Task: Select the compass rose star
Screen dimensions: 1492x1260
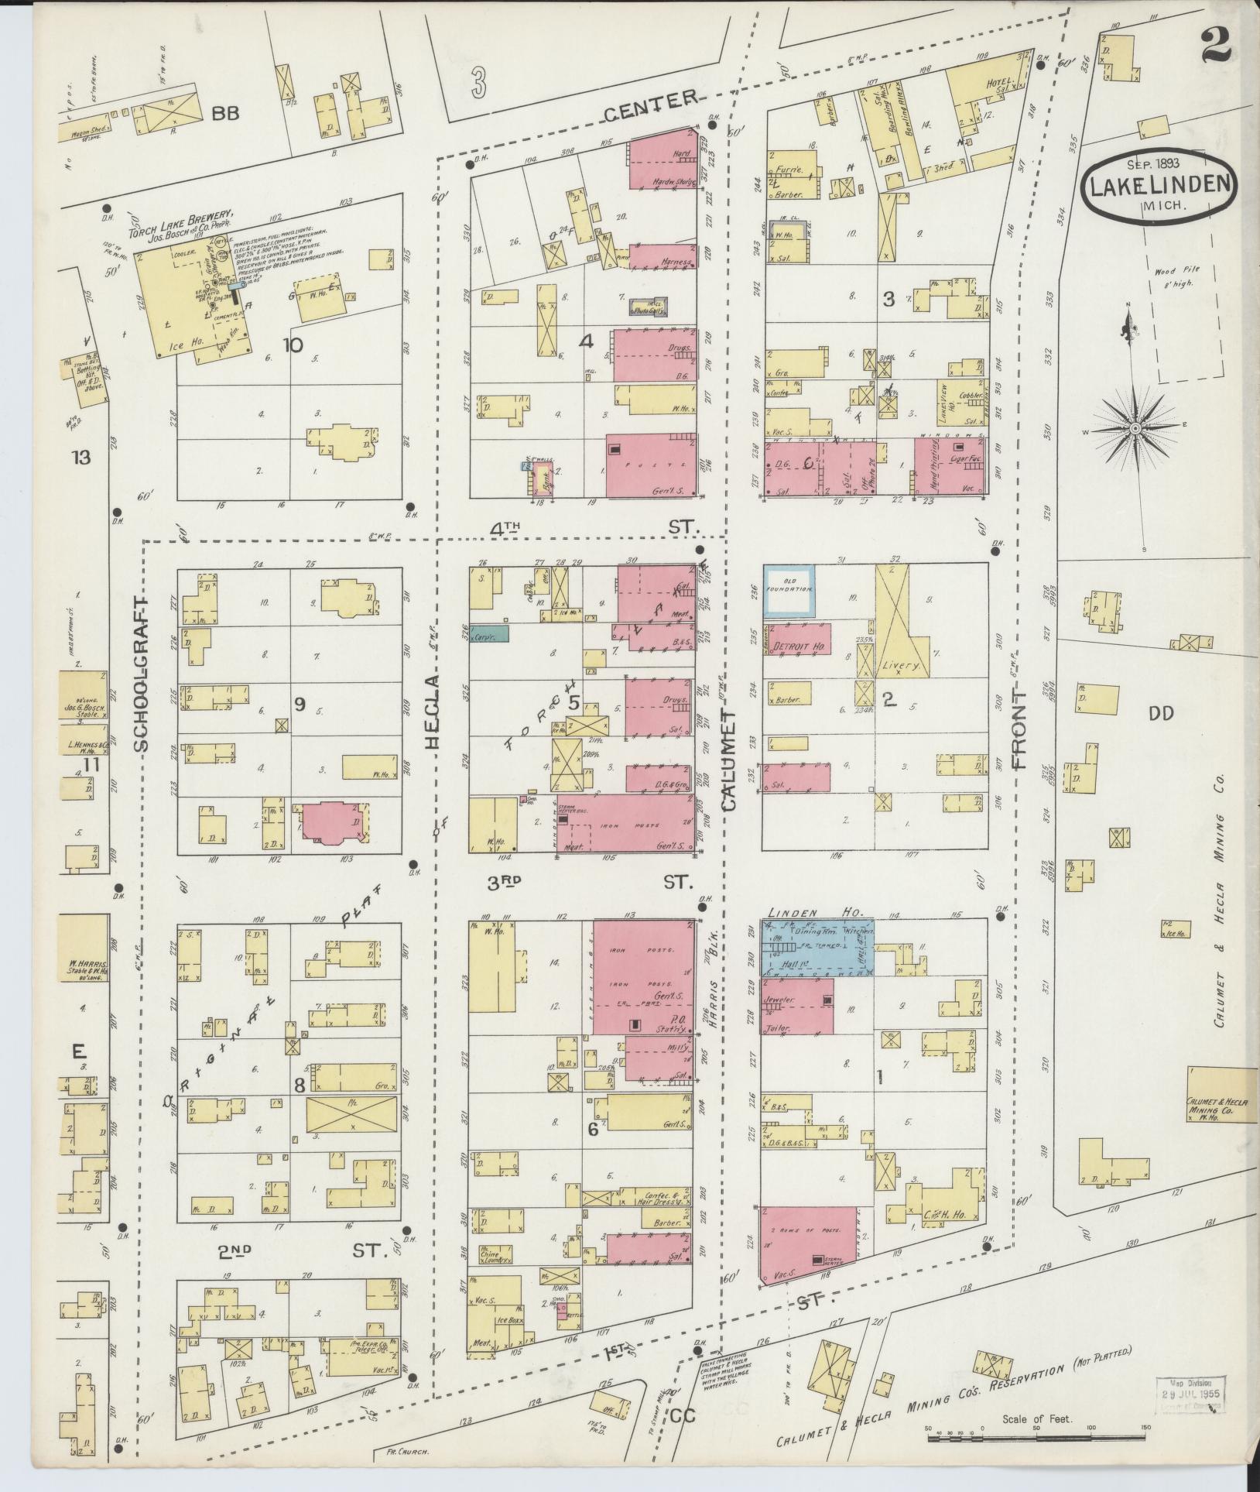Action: (1134, 428)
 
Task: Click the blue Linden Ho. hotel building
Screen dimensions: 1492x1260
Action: (818, 948)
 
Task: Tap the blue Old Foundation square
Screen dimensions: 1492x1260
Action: (789, 591)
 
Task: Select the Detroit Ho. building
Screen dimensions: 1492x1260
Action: (797, 640)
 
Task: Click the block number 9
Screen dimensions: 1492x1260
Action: (299, 703)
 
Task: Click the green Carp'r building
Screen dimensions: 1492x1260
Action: (488, 633)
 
